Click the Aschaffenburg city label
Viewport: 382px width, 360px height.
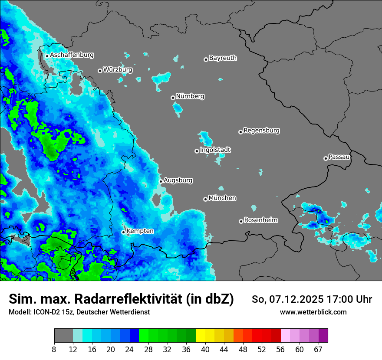72,55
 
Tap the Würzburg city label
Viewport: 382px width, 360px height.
118,69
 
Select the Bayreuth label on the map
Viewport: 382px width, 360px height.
223,58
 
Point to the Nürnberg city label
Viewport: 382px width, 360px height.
190,96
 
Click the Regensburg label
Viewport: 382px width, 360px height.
261,131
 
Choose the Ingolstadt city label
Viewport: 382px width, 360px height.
215,150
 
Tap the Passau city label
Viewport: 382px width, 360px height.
339,157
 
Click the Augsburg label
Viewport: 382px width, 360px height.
178,180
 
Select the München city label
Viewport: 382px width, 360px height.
222,198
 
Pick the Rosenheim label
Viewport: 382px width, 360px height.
260,220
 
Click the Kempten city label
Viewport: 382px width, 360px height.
140,231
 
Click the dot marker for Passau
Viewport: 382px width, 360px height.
326,158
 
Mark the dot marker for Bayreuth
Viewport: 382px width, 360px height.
206,59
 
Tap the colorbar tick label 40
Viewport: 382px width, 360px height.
205,350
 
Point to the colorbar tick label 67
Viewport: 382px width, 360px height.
318,350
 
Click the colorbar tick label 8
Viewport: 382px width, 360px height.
54,350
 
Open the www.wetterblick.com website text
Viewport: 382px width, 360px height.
313,312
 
